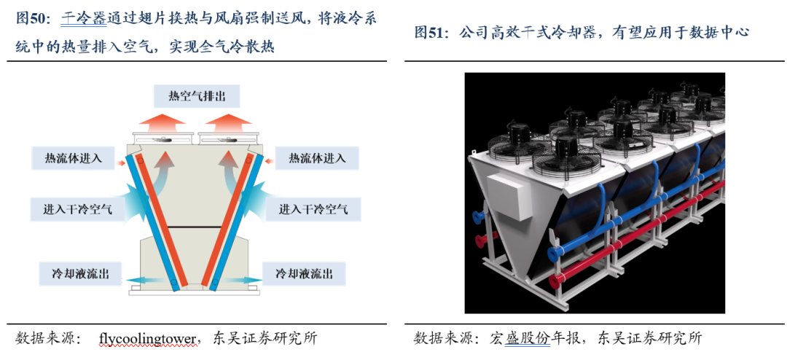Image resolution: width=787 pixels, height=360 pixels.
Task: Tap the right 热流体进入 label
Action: pyautogui.click(x=316, y=158)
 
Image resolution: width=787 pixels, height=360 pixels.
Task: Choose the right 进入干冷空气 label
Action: pyautogui.click(x=313, y=210)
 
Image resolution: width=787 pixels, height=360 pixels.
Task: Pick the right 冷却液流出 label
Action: pyautogui.click(x=305, y=273)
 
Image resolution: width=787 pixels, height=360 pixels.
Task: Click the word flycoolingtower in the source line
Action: pyautogui.click(x=148, y=338)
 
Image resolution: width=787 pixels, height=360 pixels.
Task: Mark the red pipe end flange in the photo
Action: pyautogui.click(x=479, y=241)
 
